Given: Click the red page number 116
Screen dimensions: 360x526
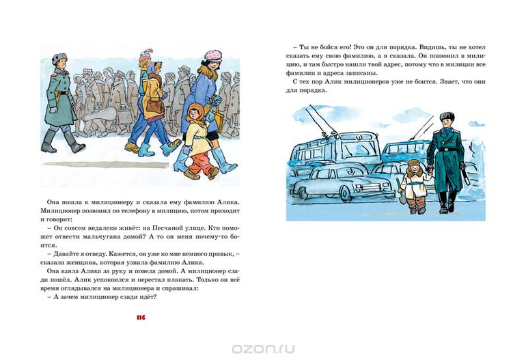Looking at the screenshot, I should click(141, 318).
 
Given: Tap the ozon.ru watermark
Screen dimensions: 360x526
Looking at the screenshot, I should click(263, 347).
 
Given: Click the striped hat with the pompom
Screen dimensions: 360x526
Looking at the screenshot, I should click(146, 57).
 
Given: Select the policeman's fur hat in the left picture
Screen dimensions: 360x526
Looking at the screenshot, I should click(58, 59).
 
